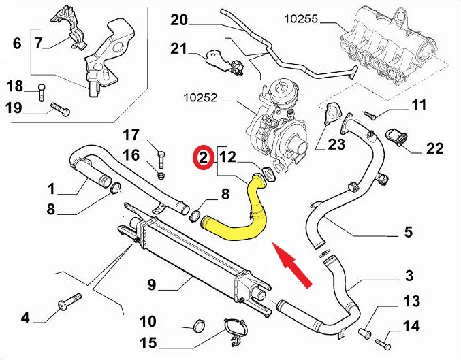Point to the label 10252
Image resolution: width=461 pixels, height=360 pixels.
tap(200, 98)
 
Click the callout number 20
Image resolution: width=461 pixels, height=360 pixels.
tap(179, 20)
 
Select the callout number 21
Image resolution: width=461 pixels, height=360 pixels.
tap(179, 48)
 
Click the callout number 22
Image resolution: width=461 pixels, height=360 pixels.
tap(434, 148)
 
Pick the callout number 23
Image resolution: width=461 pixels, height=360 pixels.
tap(337, 144)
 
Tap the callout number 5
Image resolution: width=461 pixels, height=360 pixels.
tap(408, 233)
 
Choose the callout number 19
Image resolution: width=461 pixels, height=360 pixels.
tap(14, 107)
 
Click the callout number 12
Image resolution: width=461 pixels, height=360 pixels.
tap(227, 158)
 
